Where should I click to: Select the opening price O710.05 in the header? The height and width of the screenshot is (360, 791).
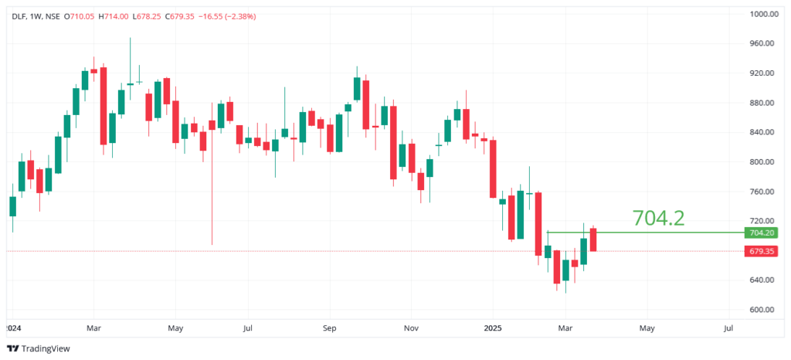[x=80, y=16]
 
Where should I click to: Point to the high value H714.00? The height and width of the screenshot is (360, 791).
[x=113, y=16]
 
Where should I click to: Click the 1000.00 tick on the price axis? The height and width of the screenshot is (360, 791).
[x=762, y=14]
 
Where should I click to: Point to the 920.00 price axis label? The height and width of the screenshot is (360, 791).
[x=761, y=73]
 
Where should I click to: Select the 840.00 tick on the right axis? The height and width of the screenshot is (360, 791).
[x=761, y=132]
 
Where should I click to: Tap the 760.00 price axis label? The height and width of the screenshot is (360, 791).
[x=761, y=192]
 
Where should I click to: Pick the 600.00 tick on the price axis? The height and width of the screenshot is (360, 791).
[x=761, y=310]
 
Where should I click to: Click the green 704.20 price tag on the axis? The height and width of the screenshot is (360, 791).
[x=761, y=233]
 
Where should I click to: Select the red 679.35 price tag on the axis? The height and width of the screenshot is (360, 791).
[x=761, y=251]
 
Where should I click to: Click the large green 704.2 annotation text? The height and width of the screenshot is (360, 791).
[x=658, y=218]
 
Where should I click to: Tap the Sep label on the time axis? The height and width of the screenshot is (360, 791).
[x=330, y=328]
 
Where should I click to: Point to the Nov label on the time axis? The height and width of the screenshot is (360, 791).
[x=411, y=328]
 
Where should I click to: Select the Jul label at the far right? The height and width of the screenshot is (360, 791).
[x=728, y=328]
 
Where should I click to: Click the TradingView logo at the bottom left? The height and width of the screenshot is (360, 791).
[x=39, y=348]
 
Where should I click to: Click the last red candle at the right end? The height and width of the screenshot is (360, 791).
[x=593, y=239]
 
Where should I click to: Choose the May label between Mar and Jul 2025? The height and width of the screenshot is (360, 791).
[x=647, y=328]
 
